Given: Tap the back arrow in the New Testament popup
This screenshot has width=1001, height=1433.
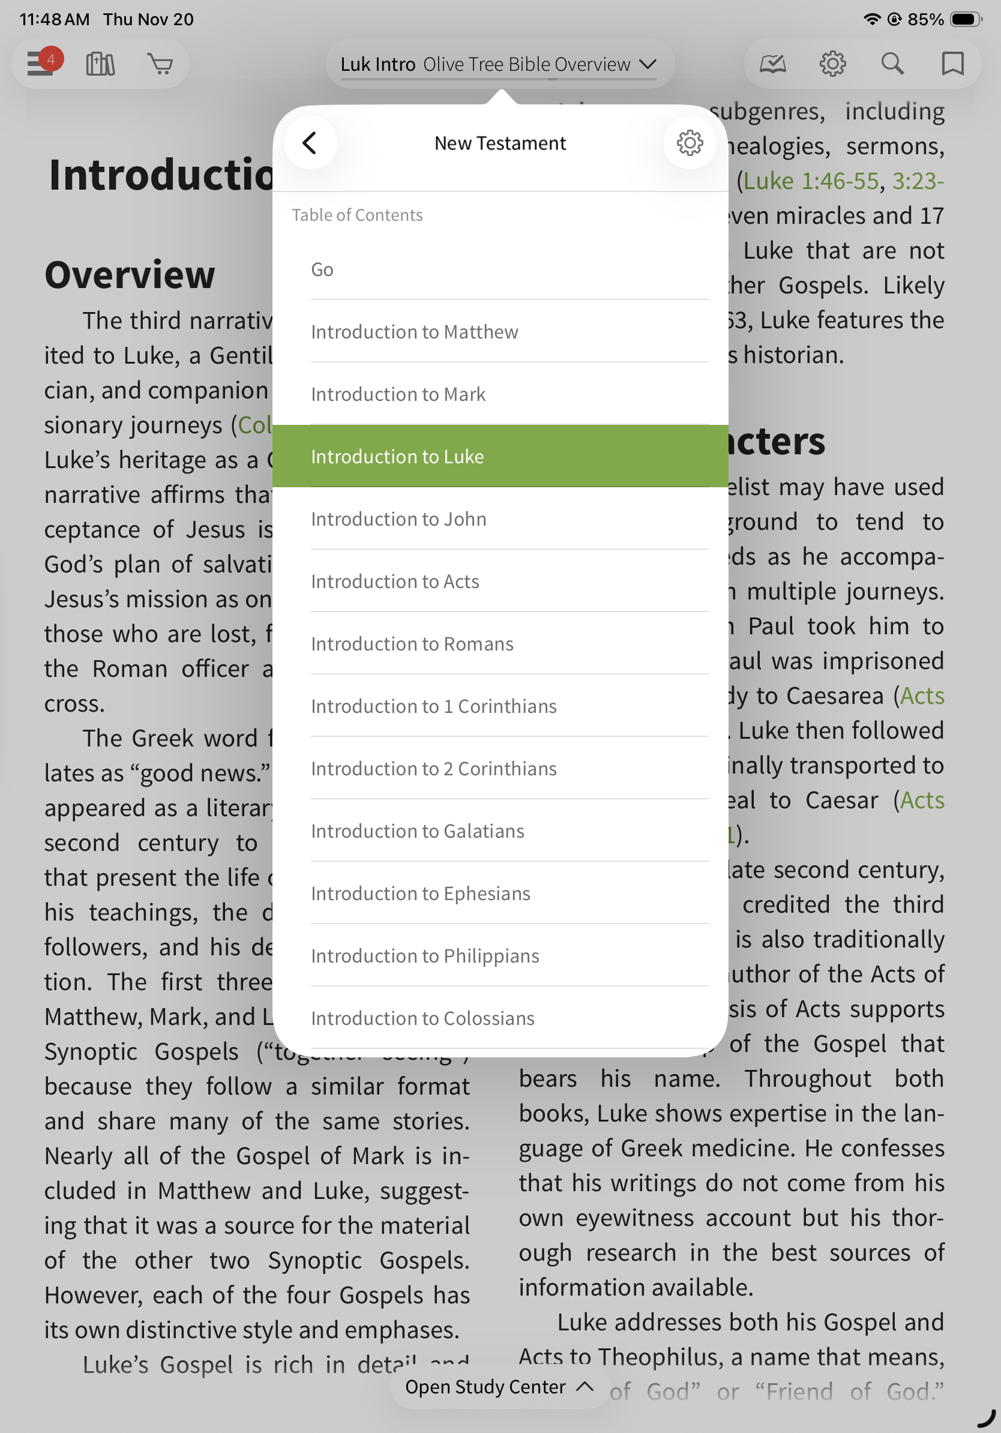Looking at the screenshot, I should (310, 143).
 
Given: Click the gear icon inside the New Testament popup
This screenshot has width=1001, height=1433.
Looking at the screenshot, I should (690, 143).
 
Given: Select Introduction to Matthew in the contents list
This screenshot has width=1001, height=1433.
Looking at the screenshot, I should (414, 332).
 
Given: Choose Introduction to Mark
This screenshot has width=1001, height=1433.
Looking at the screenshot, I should (398, 394).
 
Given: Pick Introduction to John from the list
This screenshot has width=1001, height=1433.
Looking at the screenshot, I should (398, 519).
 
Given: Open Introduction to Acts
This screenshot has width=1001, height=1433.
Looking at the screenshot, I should (395, 581).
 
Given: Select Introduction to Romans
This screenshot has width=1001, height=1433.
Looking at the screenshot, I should (412, 644).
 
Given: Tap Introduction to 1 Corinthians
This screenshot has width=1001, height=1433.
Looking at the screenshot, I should (434, 706).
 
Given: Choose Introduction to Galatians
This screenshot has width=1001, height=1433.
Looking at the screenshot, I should (418, 831).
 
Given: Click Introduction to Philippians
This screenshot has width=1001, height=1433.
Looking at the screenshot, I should (425, 956).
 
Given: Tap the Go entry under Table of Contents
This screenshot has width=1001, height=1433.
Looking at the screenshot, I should (322, 269).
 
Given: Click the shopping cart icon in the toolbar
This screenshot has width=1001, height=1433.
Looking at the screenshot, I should (160, 64).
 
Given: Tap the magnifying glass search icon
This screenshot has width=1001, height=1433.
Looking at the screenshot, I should (892, 64).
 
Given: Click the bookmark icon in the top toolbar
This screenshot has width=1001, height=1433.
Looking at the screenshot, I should (952, 64).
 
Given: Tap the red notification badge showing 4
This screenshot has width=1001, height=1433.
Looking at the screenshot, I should (51, 59).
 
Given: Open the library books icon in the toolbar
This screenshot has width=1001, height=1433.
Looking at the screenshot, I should (100, 64).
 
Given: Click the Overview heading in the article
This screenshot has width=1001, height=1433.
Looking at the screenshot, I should (130, 275).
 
